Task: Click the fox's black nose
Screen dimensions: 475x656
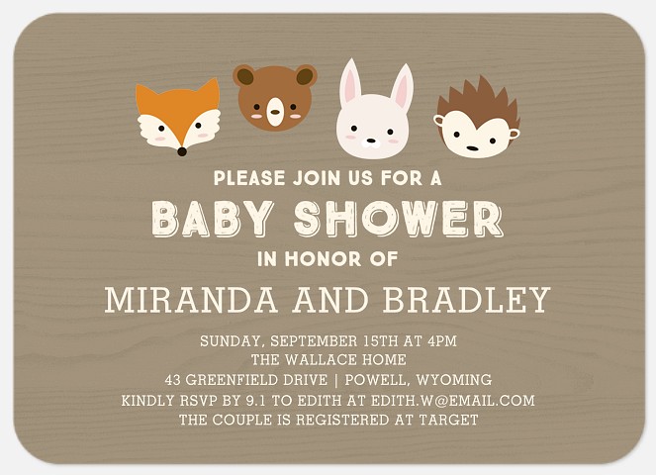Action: (181, 151)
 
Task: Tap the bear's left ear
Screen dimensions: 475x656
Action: (244, 76)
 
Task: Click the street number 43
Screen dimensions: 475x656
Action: (174, 380)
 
